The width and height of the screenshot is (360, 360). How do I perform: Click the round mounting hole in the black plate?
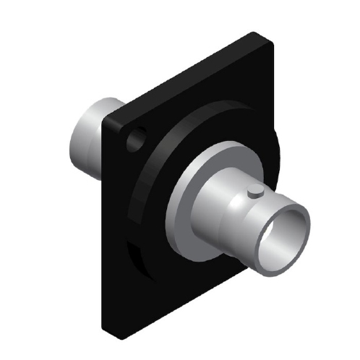pos(136,138)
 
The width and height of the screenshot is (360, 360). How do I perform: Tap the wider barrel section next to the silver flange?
pos(217,210)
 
